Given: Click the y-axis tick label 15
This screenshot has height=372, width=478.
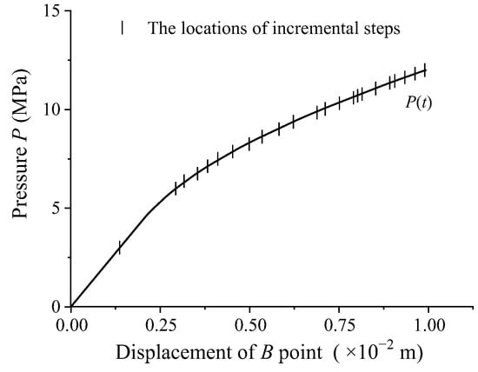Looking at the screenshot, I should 52,11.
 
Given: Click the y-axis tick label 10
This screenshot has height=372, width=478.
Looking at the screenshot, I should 52,110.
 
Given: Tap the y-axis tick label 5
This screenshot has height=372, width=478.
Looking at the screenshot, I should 56,208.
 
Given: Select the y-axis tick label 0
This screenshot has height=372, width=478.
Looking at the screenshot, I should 56,306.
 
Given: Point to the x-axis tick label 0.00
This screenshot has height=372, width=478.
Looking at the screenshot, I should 71,324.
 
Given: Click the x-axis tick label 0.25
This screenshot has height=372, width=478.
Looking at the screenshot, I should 160,324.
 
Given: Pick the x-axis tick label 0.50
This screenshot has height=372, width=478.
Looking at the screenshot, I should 249,324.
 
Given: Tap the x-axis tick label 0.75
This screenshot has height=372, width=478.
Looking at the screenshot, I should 339,324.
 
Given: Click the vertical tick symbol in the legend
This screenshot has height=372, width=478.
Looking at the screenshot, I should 123,28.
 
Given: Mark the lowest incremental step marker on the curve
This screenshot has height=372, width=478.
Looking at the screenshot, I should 119,247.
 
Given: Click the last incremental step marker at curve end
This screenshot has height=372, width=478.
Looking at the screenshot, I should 425,70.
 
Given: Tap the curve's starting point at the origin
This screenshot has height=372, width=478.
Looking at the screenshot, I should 71,306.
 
